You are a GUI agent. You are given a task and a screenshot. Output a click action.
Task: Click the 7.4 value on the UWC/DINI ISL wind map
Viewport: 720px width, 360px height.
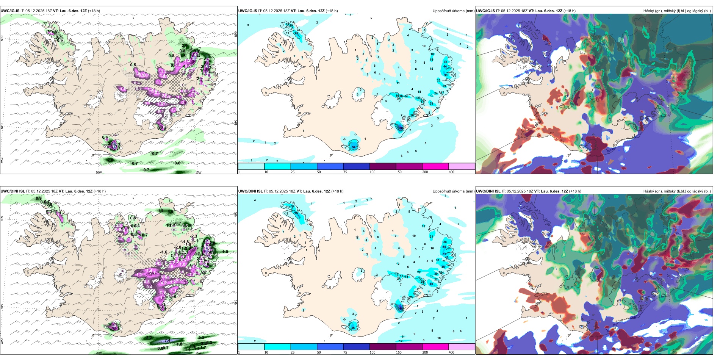[167, 340]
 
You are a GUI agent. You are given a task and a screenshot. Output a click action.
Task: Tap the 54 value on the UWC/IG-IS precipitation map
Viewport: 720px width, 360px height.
[354, 147]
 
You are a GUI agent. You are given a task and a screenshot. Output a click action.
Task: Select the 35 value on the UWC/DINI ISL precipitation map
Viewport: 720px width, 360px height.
[353, 327]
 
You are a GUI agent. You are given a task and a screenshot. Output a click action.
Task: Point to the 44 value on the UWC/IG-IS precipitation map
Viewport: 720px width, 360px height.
[445, 66]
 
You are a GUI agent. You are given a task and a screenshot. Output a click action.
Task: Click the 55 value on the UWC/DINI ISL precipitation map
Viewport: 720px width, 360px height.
[445, 247]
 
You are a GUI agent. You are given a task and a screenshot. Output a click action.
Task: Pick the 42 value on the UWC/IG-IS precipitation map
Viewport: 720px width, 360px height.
[296, 33]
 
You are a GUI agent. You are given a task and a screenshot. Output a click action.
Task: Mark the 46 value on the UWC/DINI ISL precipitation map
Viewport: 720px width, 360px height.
[296, 213]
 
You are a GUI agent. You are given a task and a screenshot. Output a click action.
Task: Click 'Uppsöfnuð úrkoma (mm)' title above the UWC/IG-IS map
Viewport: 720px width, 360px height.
[453, 11]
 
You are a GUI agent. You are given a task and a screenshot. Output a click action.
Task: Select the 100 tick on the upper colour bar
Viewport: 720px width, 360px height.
[372, 172]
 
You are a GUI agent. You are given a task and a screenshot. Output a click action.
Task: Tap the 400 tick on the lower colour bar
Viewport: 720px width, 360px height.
[451, 352]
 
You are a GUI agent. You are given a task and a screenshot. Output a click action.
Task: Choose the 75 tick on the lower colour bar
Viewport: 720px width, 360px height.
[345, 352]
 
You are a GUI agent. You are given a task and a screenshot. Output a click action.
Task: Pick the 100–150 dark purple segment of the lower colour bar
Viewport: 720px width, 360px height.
[382, 347]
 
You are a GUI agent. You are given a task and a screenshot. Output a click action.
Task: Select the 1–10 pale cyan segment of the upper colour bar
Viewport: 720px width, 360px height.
[251, 166]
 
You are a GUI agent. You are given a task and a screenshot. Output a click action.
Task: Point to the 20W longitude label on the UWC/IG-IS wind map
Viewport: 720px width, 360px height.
[98, 172]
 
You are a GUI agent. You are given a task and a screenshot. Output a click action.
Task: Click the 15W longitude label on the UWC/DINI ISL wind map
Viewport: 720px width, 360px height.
[198, 353]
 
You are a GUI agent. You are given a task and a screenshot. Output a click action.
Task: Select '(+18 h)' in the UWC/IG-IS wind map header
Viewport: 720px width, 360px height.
[94, 11]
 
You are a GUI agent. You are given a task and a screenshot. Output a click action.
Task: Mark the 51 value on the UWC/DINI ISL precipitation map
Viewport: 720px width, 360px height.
[445, 254]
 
